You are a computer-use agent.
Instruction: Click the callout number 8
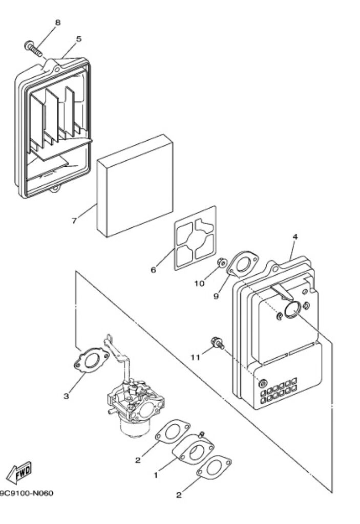(x=58, y=23)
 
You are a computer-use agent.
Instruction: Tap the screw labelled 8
(x=33, y=49)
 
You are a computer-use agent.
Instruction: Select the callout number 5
(x=79, y=39)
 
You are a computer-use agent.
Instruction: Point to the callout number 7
(x=74, y=221)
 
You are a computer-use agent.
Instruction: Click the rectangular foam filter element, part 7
(x=135, y=185)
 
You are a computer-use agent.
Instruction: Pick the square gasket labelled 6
(x=195, y=238)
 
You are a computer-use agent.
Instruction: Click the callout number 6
(x=154, y=270)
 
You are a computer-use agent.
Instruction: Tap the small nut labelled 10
(x=222, y=263)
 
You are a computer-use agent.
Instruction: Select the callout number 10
(x=199, y=283)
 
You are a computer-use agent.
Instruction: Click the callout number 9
(x=216, y=296)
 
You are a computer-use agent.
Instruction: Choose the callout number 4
(x=295, y=236)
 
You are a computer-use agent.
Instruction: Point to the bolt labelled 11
(x=217, y=343)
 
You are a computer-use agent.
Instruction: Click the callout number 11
(x=195, y=357)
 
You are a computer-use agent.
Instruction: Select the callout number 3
(x=66, y=396)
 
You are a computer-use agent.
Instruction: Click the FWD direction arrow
(x=19, y=472)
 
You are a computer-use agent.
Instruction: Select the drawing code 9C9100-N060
(x=26, y=493)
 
